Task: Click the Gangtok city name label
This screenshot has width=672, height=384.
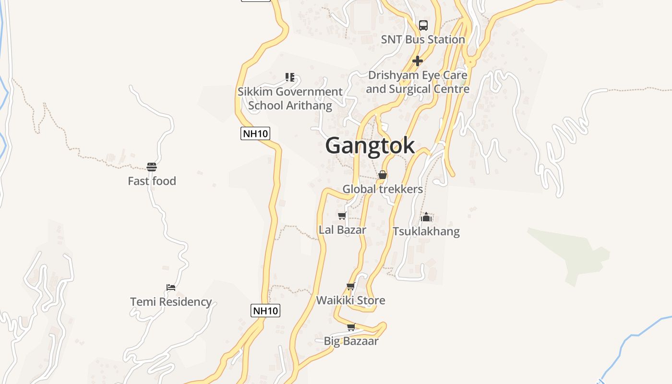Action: [370, 145]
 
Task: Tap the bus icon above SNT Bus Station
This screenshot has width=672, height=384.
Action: [423, 25]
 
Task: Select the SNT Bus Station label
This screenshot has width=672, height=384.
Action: [423, 39]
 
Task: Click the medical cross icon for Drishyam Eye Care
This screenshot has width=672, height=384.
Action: [418, 61]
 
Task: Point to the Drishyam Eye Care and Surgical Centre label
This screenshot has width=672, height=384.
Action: [418, 82]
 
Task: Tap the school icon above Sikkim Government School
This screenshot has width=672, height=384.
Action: [289, 77]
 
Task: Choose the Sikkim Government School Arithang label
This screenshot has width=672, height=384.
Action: [290, 98]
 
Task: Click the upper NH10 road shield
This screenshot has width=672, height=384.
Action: [255, 133]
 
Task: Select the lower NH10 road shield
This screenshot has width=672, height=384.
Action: [265, 311]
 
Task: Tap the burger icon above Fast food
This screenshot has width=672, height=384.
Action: [152, 167]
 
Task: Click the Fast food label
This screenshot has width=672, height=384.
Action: [152, 181]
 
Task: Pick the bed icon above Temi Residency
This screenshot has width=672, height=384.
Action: [171, 288]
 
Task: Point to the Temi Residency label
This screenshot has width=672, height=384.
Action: [171, 301]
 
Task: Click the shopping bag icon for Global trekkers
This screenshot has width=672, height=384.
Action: [383, 175]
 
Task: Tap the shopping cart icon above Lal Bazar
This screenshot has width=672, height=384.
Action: [342, 216]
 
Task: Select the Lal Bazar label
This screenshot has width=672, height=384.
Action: [342, 229]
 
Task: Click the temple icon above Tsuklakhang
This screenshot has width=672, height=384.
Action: [426, 217]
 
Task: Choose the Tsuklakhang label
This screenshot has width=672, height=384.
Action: [426, 231]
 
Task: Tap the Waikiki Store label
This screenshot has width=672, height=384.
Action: [350, 300]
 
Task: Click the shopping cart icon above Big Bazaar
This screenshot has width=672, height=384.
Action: [351, 327]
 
